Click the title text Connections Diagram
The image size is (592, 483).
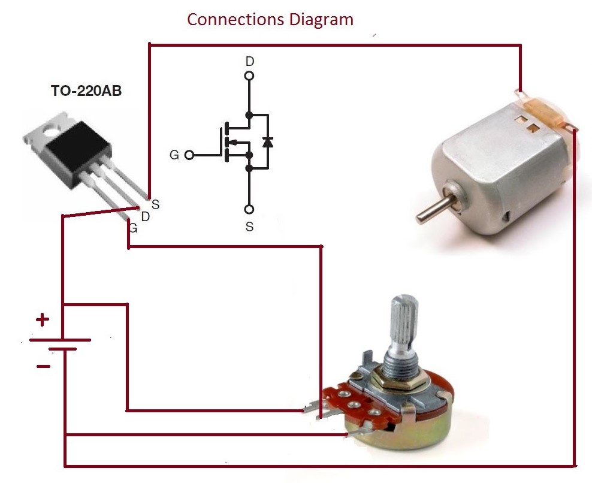270,19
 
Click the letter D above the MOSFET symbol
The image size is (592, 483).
249,61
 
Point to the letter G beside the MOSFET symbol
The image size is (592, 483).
174,155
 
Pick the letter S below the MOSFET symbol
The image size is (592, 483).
249,227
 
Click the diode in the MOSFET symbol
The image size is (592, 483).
267,142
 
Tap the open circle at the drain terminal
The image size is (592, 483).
249,76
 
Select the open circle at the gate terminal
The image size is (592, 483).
189,155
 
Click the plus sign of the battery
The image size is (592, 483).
42,320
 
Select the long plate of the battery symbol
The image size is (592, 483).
60,340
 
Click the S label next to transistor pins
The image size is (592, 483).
155,205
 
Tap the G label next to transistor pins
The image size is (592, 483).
133,228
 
